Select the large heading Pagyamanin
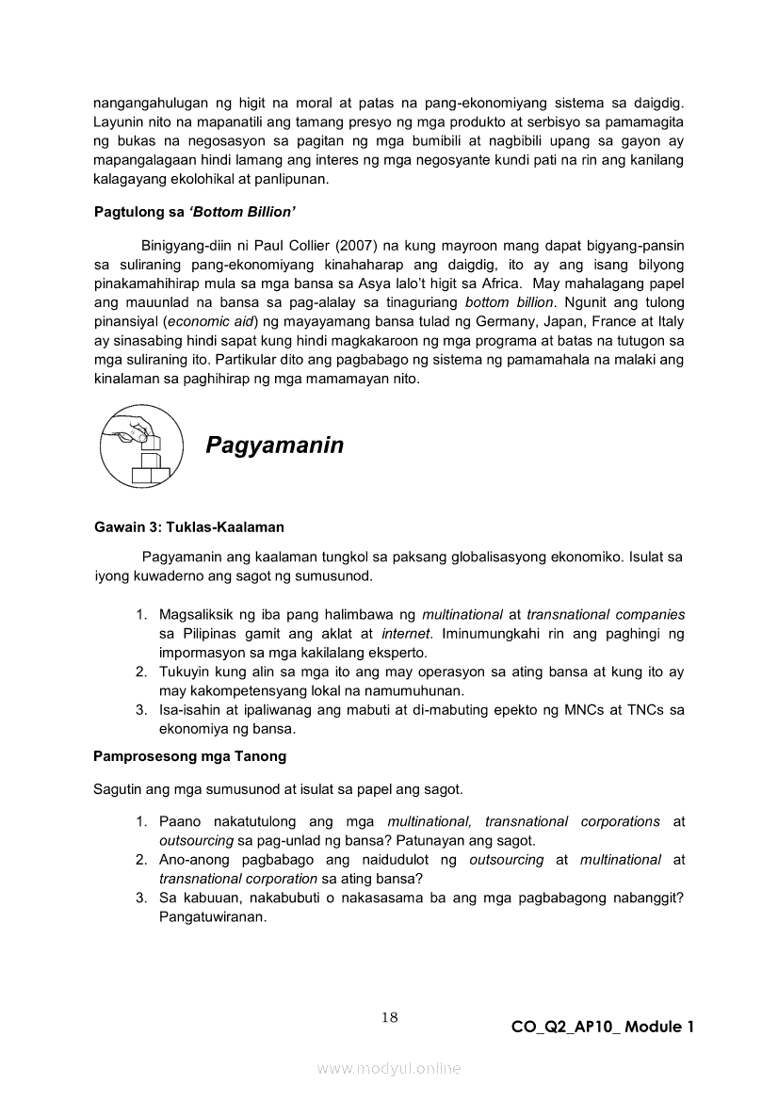[x=274, y=445]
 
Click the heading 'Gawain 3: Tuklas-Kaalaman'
[x=188, y=526]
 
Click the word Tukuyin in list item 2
[x=184, y=672]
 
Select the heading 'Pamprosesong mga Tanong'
[x=189, y=755]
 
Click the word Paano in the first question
[x=179, y=821]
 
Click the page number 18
[x=390, y=1016]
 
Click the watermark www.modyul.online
[x=389, y=1068]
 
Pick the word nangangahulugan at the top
[x=151, y=105]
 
